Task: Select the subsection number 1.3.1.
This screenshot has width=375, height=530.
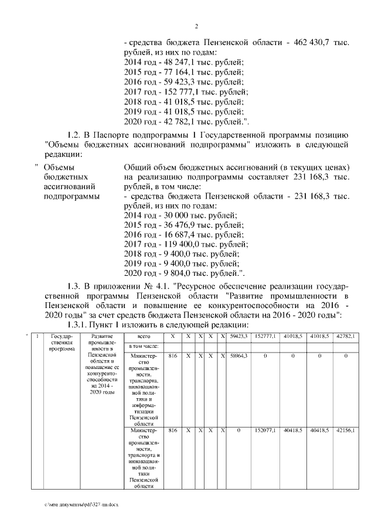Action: (x=79, y=325)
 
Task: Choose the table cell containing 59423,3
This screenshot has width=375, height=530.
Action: (x=238, y=336)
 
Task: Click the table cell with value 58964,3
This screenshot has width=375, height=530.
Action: (x=238, y=356)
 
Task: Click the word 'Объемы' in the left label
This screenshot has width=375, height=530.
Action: (x=57, y=167)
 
